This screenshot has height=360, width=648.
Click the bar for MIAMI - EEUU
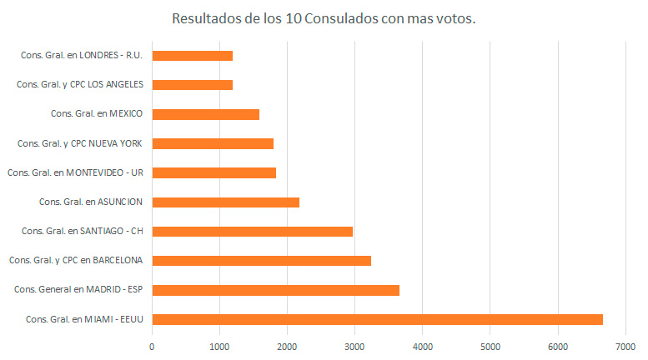coord(377,319)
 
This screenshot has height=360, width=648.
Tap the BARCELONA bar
coord(261,261)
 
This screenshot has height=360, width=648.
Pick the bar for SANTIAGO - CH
coord(252,231)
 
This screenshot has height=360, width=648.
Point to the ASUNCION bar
coord(225,202)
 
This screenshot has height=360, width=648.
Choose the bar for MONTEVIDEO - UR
coord(213,172)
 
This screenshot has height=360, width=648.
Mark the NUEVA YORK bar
coord(213,143)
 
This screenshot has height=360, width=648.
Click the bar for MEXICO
coord(205,114)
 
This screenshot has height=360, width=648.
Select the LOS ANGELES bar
coord(192,84)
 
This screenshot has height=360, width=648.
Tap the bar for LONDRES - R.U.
coord(192,55)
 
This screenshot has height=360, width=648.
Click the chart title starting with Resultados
coord(324,18)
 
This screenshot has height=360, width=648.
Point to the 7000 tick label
coord(625,346)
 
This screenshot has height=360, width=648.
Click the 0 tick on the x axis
coord(153,346)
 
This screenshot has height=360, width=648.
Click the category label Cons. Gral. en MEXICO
coord(97,114)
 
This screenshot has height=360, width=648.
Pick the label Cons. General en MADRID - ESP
coord(78,290)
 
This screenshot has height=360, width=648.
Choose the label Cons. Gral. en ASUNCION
coord(91,202)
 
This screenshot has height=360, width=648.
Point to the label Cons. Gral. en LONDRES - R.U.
coord(82,55)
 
